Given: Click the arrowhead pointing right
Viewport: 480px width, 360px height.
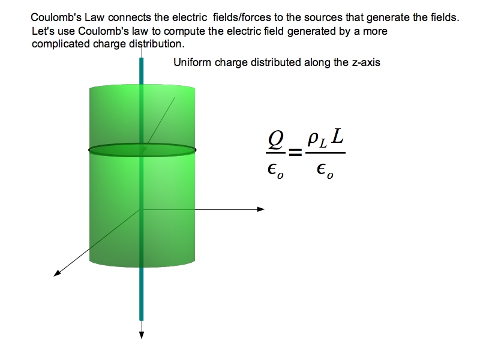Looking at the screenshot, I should (260, 209).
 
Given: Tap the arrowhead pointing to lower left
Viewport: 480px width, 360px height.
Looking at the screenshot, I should (57, 274).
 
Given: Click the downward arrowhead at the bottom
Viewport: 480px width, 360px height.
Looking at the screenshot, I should (142, 334).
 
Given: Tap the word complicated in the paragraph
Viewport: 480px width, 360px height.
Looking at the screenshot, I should (58, 44).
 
